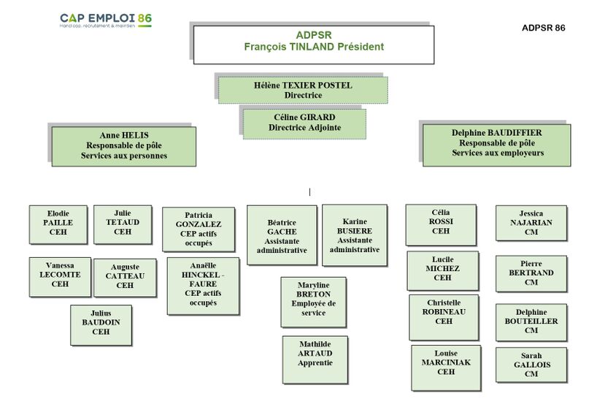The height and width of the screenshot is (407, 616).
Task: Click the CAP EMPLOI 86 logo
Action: [x=106, y=20]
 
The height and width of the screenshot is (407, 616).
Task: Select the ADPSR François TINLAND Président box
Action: [x=314, y=42]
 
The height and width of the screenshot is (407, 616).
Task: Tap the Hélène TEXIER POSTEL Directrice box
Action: [x=303, y=90]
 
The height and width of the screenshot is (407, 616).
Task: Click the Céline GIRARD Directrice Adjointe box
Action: [x=304, y=122]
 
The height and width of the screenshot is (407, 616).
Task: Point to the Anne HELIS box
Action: [x=123, y=145]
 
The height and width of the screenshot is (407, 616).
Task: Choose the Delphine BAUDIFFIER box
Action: [x=497, y=144]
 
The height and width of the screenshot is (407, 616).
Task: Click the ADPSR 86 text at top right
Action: [x=544, y=28]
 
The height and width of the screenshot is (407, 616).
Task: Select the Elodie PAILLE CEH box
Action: [x=58, y=224]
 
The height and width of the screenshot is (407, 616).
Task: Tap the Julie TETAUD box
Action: [x=122, y=223]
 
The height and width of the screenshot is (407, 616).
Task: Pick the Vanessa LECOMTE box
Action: [x=60, y=275]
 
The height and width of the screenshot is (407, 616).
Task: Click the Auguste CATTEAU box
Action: [x=125, y=276]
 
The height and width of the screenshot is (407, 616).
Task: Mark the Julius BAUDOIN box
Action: [x=101, y=322]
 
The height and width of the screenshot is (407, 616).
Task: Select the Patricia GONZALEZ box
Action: [x=199, y=229]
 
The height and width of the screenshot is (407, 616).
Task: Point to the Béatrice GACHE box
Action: [x=282, y=235]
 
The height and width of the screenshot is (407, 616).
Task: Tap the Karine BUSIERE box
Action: [x=354, y=235]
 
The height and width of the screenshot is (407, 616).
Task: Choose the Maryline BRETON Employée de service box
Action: [x=313, y=300]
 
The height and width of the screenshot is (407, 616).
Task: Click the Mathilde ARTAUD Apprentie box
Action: [x=315, y=358]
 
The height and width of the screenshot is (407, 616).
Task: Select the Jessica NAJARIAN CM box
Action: [x=531, y=223]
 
